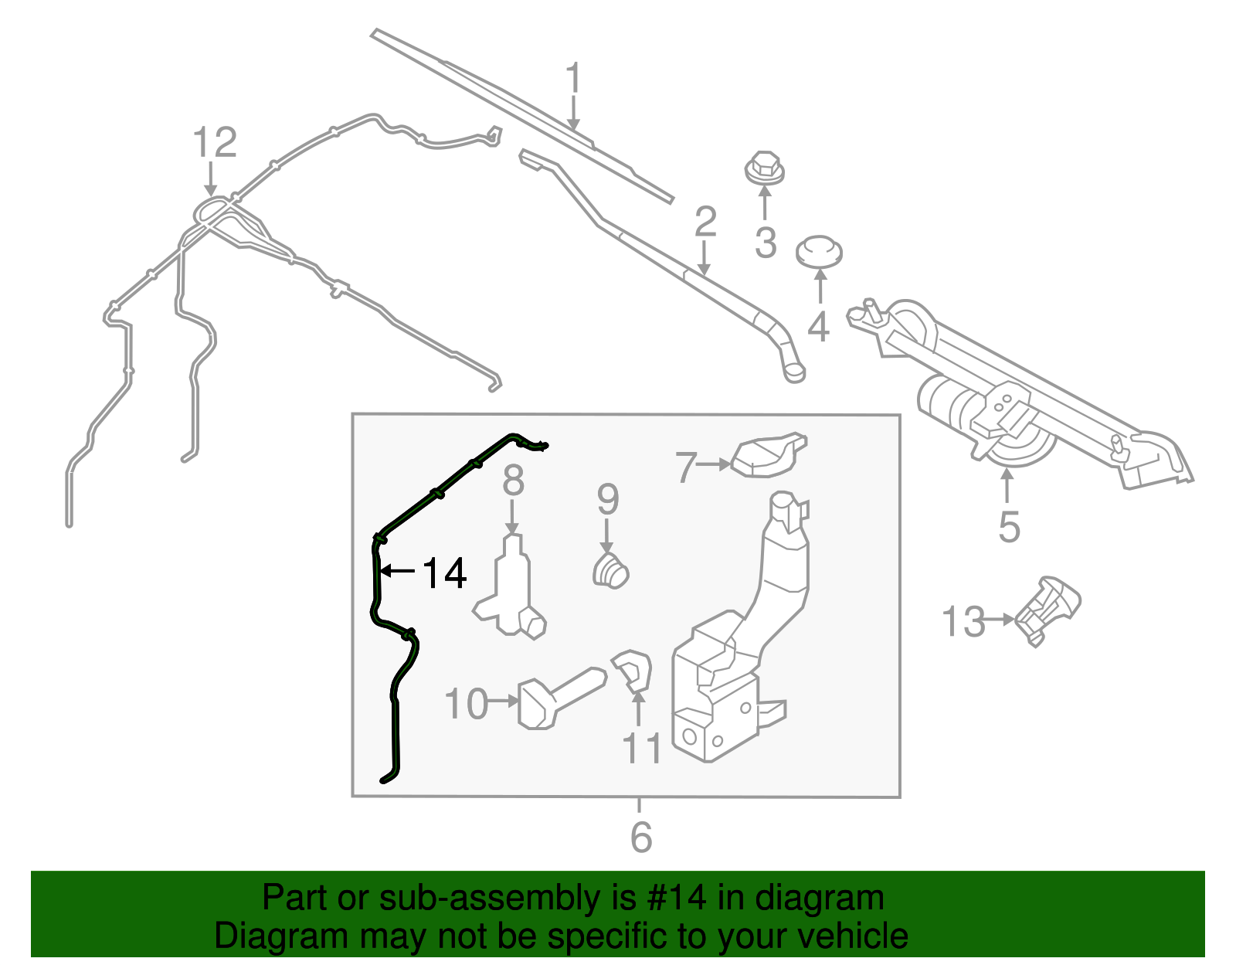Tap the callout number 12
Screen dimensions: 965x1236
pos(214,143)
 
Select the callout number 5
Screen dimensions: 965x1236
pos(1009,527)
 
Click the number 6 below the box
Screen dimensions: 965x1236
pos(641,837)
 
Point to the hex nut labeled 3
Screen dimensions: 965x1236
pos(764,169)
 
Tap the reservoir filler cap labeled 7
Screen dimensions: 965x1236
pos(769,455)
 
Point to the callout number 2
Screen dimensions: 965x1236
pos(705,223)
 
